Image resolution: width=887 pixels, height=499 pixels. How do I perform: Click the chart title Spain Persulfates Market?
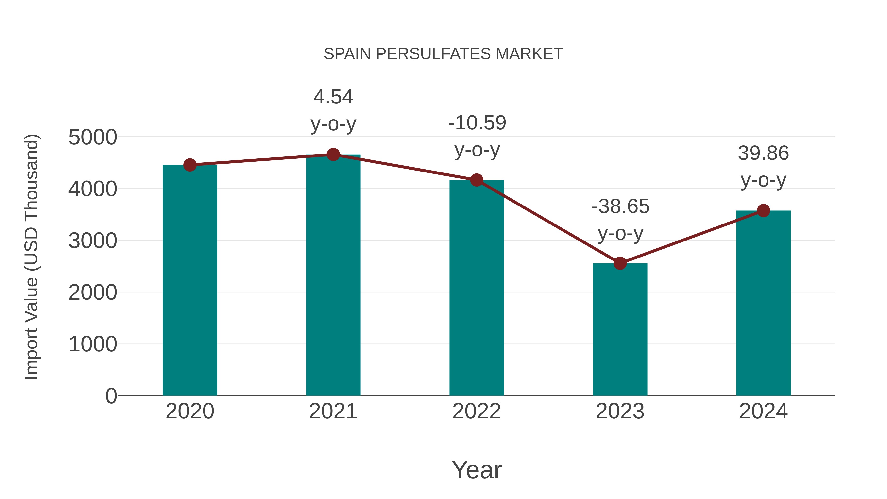443,54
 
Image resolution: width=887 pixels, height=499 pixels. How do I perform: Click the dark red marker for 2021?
333,155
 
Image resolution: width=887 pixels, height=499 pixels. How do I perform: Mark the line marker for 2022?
477,180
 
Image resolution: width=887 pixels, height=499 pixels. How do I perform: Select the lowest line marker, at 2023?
620,263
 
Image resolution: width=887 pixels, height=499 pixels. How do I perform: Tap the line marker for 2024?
763,210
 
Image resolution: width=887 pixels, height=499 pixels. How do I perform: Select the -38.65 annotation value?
620,207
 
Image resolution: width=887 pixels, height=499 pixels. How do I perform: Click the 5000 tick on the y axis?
93,138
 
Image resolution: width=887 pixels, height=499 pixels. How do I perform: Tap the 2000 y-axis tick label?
93,293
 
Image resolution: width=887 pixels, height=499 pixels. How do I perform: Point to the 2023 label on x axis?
620,411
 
